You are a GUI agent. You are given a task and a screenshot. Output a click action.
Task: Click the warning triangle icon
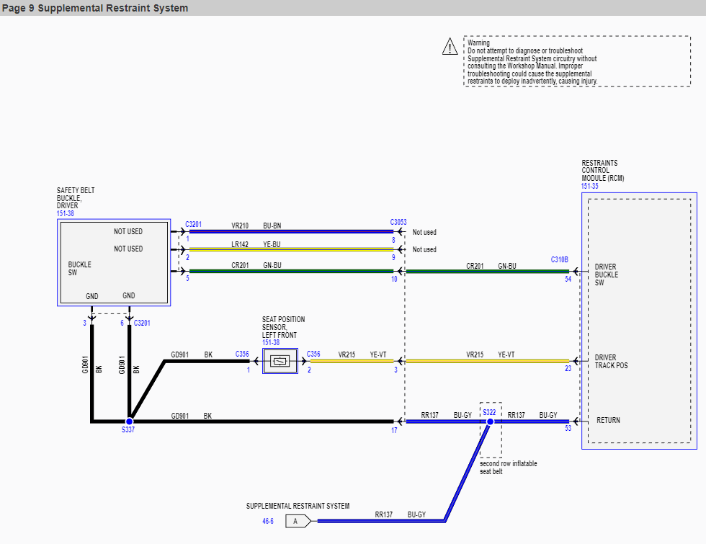point(450,47)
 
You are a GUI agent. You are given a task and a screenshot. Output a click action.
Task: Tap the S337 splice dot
point(129,422)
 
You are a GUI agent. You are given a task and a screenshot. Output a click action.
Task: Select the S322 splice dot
point(490,422)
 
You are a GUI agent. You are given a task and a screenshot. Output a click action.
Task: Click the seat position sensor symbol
point(280,361)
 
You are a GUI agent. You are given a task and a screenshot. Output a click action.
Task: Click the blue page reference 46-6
point(268,521)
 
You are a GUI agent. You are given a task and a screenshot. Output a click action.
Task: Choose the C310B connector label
point(559,260)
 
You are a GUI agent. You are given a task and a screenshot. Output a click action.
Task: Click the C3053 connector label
point(398,222)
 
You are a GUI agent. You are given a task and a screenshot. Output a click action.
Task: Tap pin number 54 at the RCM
point(568,280)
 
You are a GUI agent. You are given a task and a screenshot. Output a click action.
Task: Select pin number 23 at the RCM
point(568,368)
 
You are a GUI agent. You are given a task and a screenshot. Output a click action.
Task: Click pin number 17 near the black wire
point(394,431)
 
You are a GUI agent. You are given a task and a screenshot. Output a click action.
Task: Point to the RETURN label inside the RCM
point(608,420)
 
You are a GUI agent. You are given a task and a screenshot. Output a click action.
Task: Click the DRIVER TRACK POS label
point(611,362)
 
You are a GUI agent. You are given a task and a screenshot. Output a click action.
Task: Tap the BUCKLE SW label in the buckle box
point(80,268)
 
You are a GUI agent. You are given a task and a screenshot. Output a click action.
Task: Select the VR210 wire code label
point(240,226)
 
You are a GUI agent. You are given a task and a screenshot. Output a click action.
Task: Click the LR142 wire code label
point(240,244)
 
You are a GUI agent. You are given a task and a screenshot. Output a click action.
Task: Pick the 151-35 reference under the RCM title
point(589,186)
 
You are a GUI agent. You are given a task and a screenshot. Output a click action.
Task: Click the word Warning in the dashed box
point(478,43)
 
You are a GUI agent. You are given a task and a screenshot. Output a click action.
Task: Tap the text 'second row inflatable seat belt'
point(509,468)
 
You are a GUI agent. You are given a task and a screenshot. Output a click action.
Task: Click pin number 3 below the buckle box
point(84,323)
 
